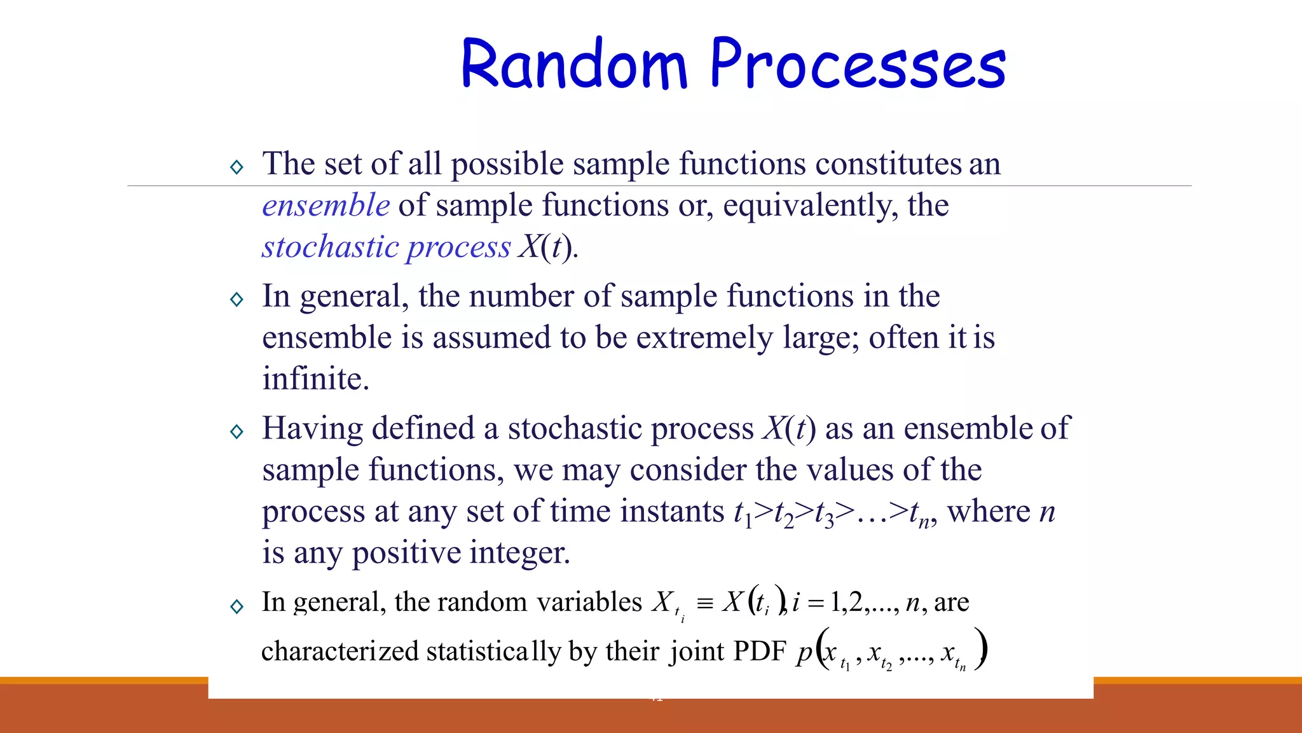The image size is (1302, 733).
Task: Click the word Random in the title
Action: [574, 65]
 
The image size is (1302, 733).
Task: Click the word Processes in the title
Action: [858, 65]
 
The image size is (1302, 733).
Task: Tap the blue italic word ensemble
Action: [326, 206]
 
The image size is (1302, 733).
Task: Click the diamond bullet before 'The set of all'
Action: [237, 167]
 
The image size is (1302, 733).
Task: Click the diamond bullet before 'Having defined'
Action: [237, 432]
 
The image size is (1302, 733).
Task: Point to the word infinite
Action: [315, 379]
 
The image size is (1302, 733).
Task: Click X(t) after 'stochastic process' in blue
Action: [547, 247]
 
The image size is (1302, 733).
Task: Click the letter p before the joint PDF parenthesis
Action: [804, 653]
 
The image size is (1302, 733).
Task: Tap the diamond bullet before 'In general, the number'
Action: [237, 300]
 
